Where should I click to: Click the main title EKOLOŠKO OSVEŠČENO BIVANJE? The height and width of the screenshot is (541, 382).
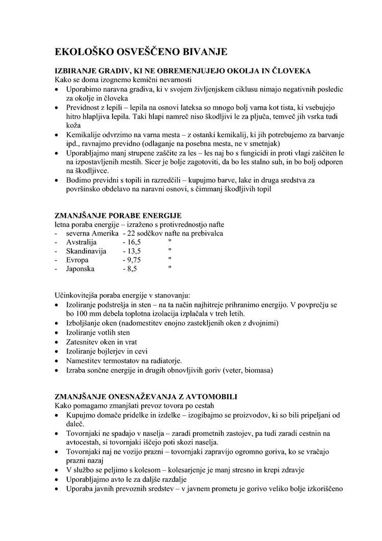[x=141, y=52]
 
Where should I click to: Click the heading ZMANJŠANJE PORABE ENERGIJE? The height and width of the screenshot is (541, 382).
[x=118, y=216]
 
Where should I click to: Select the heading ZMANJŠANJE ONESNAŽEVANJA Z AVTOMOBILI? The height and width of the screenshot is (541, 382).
[x=146, y=397]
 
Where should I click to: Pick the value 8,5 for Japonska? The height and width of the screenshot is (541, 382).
[x=131, y=269]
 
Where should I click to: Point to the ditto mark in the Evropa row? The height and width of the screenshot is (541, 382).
[x=170, y=259]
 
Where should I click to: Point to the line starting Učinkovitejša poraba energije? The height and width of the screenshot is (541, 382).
[x=123, y=295]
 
